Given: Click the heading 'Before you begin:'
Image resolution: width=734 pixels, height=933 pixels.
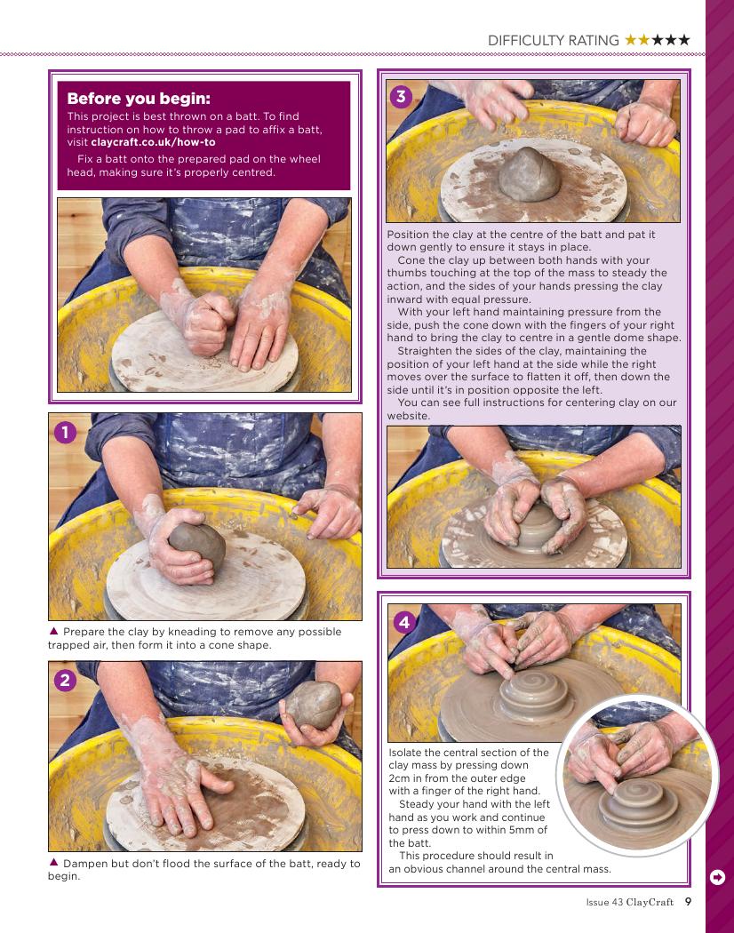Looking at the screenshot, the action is [139, 98].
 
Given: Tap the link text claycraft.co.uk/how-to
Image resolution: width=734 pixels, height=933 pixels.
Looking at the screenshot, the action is [153, 142].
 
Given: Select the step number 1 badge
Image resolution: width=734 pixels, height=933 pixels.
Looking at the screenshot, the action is [66, 432].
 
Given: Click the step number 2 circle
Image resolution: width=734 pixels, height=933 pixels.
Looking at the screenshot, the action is [66, 680].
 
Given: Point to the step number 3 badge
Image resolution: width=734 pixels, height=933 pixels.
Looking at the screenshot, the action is [402, 96].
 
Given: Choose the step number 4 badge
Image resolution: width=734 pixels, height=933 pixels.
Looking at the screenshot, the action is [405, 622].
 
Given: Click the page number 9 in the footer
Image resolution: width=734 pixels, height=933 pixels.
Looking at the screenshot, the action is [688, 902].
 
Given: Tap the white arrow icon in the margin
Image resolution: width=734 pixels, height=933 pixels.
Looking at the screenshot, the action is [717, 877].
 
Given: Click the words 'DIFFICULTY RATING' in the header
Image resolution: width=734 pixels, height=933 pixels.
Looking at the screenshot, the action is [553, 41].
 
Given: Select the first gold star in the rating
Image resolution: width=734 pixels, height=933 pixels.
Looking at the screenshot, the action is [630, 40].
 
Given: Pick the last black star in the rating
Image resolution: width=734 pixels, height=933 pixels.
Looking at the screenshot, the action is [684, 40].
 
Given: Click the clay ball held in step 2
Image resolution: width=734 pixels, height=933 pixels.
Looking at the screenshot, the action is [314, 706].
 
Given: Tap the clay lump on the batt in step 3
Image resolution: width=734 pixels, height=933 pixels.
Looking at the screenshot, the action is [529, 174].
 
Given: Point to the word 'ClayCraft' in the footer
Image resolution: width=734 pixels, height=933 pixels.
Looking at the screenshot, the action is [650, 902].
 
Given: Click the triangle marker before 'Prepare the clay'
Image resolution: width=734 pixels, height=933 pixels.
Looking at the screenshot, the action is [53, 631].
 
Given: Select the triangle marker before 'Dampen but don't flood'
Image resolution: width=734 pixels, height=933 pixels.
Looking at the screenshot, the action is [53, 862].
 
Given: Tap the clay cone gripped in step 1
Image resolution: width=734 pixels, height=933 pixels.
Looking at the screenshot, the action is [197, 545].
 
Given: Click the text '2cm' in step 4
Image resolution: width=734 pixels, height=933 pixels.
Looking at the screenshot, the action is [400, 778].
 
